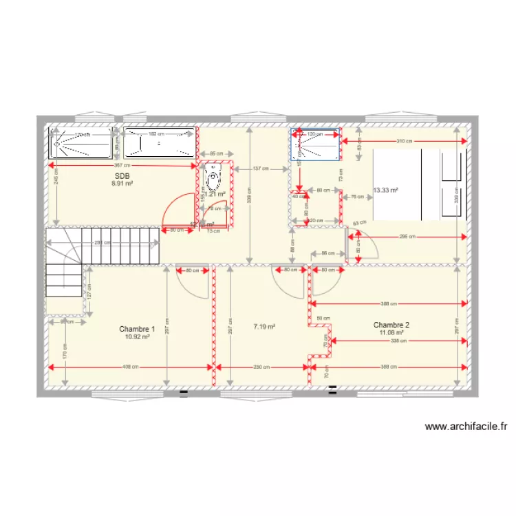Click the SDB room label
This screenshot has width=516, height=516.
pos(123,176)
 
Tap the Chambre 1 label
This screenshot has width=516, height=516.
pos(136,329)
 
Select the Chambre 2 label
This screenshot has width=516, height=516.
pos(391,325)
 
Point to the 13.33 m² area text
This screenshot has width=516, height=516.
pos(385,191)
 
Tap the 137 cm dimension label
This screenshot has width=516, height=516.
pos(260,169)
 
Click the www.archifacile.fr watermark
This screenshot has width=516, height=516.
pos(470,427)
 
